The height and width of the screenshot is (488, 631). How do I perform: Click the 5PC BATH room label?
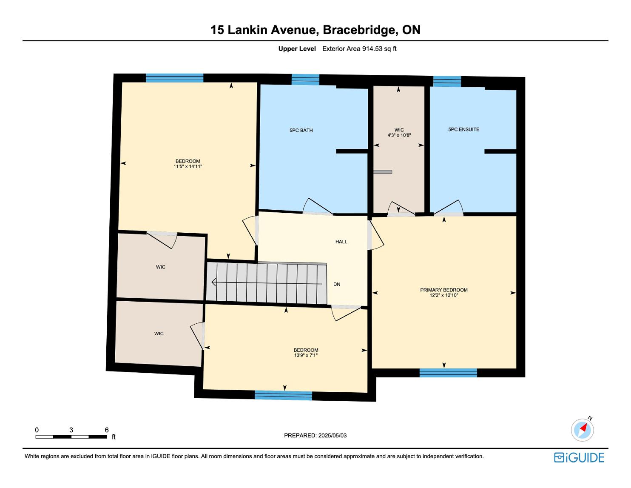(x=301, y=131)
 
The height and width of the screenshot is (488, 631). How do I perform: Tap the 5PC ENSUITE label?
(x=463, y=129)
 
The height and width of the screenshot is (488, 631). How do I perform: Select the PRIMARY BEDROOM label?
(x=443, y=290)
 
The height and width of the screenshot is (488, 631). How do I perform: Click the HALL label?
(x=341, y=242)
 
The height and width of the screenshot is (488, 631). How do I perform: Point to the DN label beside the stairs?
(x=337, y=284)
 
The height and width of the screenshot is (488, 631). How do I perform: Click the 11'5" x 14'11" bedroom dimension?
(x=188, y=167)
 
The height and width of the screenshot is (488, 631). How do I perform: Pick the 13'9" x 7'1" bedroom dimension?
(x=306, y=355)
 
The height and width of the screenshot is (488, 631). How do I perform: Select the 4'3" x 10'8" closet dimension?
(x=399, y=135)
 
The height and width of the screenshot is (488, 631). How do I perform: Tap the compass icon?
(x=582, y=429)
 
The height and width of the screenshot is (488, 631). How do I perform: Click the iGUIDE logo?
(x=579, y=457)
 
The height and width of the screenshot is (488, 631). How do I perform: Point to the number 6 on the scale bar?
(x=107, y=430)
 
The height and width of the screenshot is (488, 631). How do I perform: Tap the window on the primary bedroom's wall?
(x=448, y=373)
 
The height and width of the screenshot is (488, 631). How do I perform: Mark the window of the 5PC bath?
(x=305, y=80)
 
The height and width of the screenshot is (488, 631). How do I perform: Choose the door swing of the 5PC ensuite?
(x=448, y=208)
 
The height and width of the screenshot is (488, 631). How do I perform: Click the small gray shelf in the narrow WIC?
(x=383, y=172)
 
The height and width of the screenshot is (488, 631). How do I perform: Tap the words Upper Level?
(x=297, y=49)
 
